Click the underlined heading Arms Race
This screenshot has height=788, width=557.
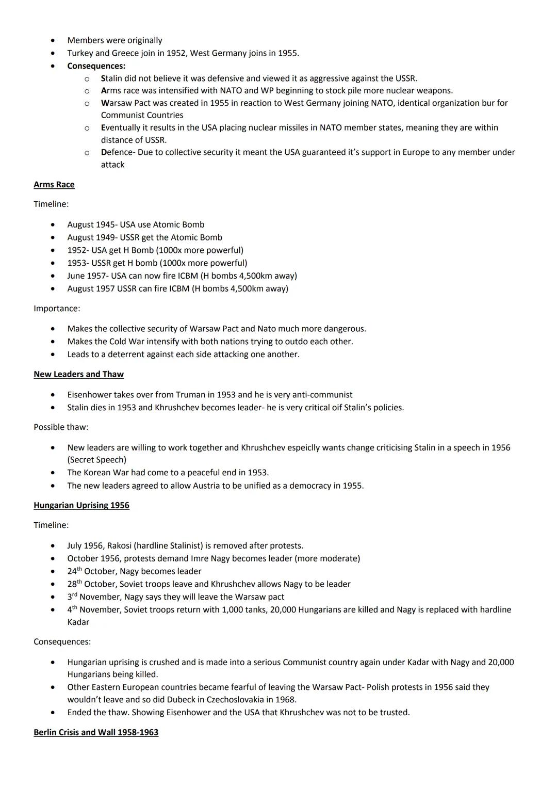[x=54, y=185]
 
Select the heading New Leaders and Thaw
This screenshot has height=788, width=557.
[x=78, y=374]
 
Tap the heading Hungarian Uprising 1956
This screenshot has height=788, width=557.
[x=81, y=505]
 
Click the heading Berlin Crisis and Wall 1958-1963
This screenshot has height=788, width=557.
[x=96, y=732]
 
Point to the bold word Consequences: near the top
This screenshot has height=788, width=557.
[x=96, y=66]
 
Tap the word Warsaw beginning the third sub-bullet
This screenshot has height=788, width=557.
[x=117, y=103]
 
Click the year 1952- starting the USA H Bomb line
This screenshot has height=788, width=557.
[x=78, y=250]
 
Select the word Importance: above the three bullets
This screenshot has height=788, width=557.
[x=57, y=309]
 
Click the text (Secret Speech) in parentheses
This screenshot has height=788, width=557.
[x=96, y=460]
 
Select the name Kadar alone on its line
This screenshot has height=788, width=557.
[x=78, y=622]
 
